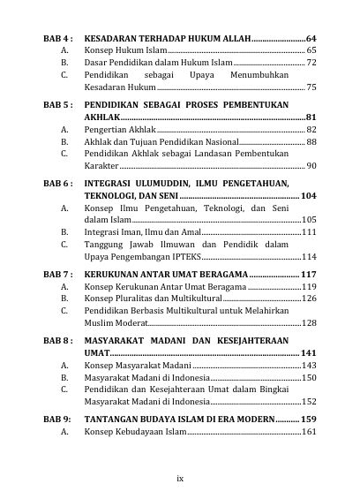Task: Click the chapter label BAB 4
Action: click(57, 39)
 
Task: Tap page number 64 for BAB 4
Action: click(311, 39)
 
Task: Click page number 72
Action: click(311, 64)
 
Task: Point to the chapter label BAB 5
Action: click(57, 104)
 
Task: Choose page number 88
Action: click(311, 141)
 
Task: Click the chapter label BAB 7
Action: click(57, 274)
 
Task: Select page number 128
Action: click(309, 323)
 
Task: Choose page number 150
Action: click(309, 377)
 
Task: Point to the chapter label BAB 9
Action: click(57, 418)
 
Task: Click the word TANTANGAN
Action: click(118, 418)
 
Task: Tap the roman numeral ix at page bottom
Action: click(180, 478)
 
